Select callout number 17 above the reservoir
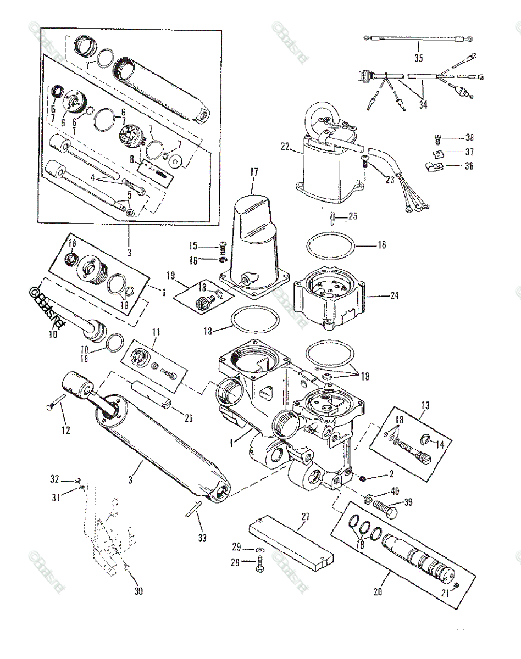[253, 172]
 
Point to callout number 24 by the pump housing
[393, 295]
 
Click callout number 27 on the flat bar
[306, 516]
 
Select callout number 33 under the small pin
[202, 538]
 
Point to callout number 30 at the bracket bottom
[138, 591]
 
